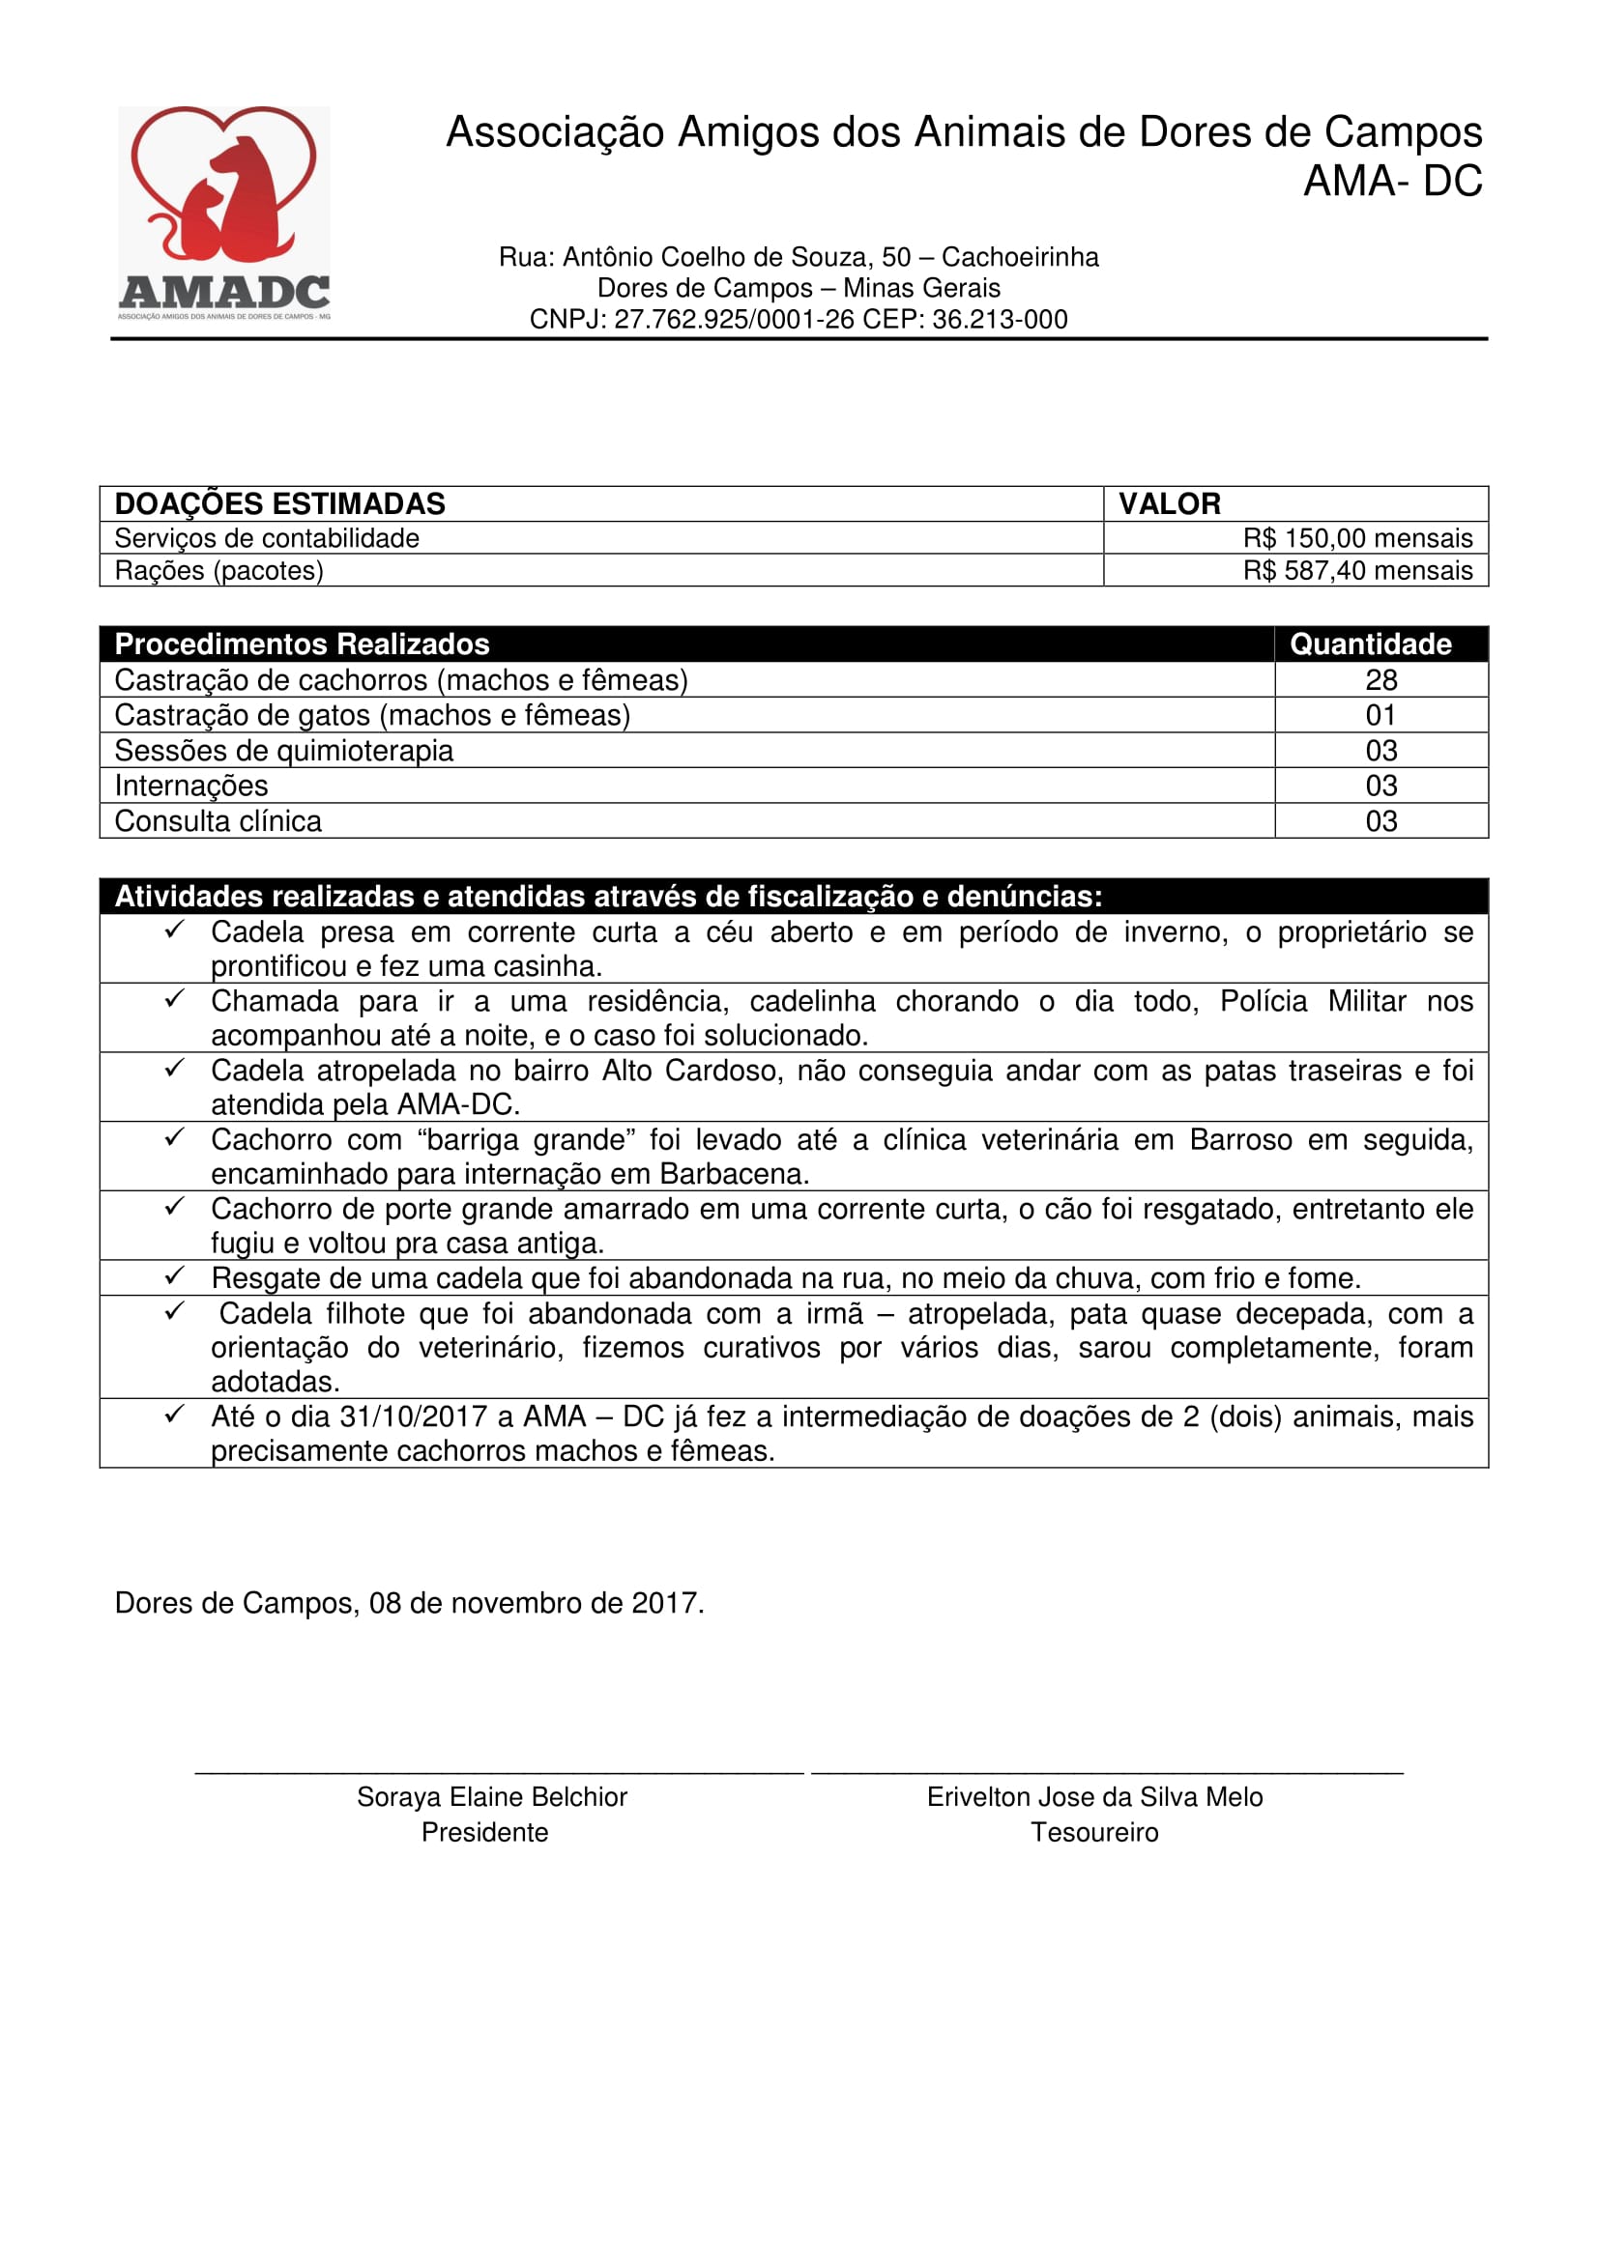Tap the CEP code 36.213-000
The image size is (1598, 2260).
pyautogui.click(x=1000, y=320)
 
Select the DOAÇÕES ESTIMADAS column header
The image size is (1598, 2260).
pyautogui.click(x=279, y=504)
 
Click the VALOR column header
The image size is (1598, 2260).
pyautogui.click(x=1169, y=504)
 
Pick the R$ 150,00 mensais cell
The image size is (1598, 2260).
pyautogui.click(x=1356, y=538)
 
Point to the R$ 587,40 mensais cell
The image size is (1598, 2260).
pyautogui.click(x=1356, y=571)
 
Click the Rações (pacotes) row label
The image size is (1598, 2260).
pyautogui.click(x=218, y=571)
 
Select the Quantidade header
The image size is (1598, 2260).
pyautogui.click(x=1370, y=644)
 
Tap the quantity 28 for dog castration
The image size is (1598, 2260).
pyautogui.click(x=1380, y=680)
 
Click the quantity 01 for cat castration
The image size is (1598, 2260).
pyautogui.click(x=1380, y=716)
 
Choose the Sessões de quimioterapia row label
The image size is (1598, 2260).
pyautogui.click(x=283, y=751)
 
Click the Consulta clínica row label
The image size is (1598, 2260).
pyautogui.click(x=218, y=821)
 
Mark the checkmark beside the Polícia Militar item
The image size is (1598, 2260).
pyautogui.click(x=174, y=999)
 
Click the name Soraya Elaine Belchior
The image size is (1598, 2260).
pyautogui.click(x=491, y=1797)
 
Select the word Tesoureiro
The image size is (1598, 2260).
pyautogui.click(x=1094, y=1833)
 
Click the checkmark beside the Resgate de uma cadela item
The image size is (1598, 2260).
pyautogui.click(x=174, y=1276)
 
